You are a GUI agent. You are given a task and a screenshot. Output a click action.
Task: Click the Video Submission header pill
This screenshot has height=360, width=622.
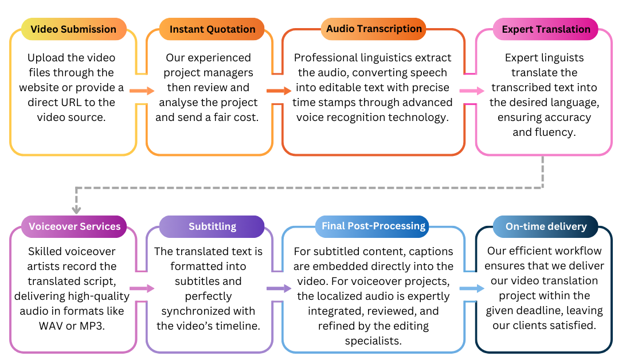[x=73, y=29]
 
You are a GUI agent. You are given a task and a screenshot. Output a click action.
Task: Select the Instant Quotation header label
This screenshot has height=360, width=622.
[x=212, y=29]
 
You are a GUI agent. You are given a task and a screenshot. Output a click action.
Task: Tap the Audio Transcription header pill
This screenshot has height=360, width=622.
[x=374, y=29]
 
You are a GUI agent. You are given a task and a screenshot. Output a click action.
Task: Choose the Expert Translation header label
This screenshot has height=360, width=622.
[x=546, y=29]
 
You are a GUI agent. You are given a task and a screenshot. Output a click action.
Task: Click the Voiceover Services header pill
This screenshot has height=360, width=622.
[x=75, y=226]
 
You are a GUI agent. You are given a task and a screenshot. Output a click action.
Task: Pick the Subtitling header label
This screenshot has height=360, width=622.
[x=212, y=226]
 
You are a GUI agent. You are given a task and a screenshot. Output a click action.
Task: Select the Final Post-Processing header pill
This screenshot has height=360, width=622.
[x=373, y=226]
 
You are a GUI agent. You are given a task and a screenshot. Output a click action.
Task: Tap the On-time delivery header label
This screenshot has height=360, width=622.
[x=546, y=226]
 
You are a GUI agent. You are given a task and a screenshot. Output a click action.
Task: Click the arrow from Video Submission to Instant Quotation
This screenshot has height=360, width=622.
[x=142, y=91]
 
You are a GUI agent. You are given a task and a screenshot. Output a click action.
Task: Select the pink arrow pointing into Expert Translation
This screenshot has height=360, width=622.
[x=472, y=91]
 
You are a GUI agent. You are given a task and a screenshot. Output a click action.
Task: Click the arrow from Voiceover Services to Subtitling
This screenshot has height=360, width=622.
[x=142, y=288]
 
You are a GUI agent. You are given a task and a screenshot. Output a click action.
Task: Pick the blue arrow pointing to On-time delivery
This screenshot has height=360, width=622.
[x=472, y=288]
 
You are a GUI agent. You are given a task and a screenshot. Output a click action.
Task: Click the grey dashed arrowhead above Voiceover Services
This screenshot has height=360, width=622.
[x=77, y=209]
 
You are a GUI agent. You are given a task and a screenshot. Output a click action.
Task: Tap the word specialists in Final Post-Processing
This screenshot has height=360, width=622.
[x=373, y=341]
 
